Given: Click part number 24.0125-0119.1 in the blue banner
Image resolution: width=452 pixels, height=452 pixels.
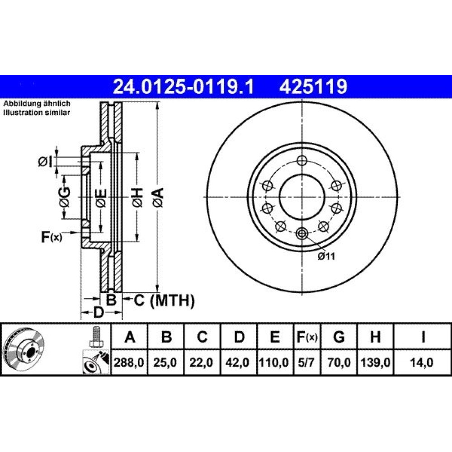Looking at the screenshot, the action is [x=184, y=86].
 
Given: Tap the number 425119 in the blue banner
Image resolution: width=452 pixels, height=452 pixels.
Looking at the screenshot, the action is [x=313, y=86].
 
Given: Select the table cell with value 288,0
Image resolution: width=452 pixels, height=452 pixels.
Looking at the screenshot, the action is [x=129, y=362].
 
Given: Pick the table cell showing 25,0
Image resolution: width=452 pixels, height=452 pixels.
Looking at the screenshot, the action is [x=165, y=362].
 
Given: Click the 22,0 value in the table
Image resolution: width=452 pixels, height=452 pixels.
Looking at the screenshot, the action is [x=201, y=362].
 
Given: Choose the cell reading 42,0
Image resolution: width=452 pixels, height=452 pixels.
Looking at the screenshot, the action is [x=238, y=362].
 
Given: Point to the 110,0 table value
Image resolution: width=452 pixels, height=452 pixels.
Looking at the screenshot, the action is [x=274, y=362].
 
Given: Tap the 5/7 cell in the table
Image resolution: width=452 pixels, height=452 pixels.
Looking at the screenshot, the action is [x=306, y=362].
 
